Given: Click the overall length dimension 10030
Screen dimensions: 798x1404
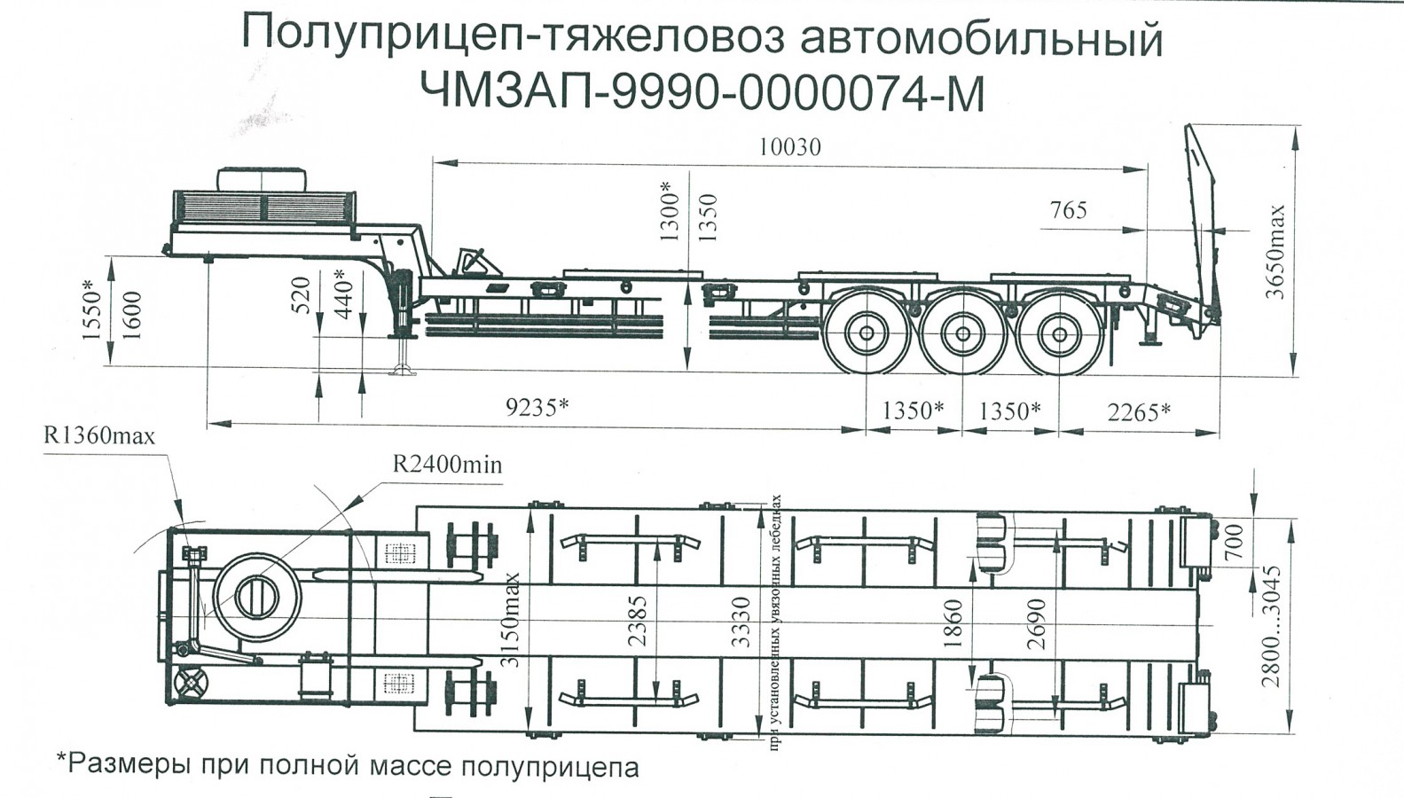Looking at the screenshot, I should coord(789,147).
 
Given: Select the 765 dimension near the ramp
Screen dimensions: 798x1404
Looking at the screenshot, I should coord(1068,211).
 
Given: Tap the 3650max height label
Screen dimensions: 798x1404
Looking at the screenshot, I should coord(1275,253).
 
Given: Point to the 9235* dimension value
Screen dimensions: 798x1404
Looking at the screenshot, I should coord(537,407).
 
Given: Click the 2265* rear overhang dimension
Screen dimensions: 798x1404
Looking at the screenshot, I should coord(1138,412).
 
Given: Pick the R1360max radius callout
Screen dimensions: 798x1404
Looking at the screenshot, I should coord(99,435).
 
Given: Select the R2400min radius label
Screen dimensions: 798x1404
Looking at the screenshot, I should coord(447,464).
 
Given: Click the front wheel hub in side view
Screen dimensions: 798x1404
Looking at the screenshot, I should coord(867,335).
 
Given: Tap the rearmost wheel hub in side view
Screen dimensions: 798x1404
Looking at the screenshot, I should coord(1059,335).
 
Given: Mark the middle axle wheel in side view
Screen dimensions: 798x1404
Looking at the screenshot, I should coord(962,335).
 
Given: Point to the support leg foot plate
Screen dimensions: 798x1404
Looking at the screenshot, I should coord(402,371).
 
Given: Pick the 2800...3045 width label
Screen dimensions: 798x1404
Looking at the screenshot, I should coord(1272,625).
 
